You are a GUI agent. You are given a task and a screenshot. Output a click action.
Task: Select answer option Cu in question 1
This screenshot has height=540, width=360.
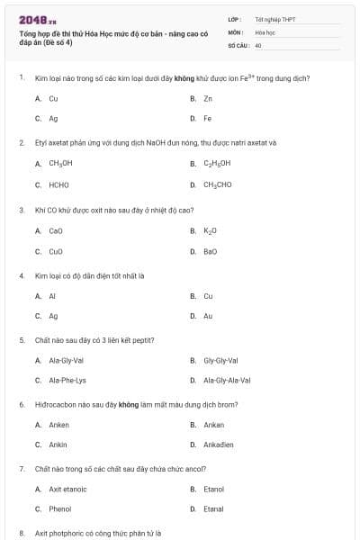tap(53, 98)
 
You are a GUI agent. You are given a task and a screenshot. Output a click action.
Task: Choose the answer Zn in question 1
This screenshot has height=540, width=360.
tap(208, 98)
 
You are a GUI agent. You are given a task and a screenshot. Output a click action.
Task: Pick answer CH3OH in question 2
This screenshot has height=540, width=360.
tap(60, 164)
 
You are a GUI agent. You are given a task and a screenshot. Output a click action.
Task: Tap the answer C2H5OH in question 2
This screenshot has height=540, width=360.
tap(217, 164)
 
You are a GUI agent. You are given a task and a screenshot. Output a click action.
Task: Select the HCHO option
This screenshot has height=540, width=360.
tap(58, 184)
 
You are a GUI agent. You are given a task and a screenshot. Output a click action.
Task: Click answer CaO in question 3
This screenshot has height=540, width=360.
tap(56, 231)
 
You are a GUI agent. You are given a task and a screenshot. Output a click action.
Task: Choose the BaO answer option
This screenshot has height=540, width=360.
tap(211, 252)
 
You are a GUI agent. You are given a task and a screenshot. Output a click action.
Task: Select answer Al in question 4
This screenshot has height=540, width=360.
tap(52, 296)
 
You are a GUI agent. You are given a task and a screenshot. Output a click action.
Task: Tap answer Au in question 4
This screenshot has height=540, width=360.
tap(208, 317)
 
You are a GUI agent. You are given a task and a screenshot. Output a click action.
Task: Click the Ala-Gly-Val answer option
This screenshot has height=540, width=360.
tap(66, 360)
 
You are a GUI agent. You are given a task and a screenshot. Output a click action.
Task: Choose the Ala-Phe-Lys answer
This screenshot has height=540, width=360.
tap(67, 381)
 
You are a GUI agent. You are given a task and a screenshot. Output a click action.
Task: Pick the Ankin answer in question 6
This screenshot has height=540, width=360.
tap(58, 445)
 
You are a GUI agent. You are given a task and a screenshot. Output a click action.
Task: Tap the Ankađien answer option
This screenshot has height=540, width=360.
tap(220, 445)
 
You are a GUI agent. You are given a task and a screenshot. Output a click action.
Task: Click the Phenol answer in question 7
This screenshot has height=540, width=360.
tap(60, 509)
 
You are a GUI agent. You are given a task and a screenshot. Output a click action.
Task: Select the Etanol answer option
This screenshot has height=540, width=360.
tap(213, 489)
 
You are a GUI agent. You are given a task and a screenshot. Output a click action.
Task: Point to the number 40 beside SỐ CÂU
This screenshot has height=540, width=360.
tap(258, 44)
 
